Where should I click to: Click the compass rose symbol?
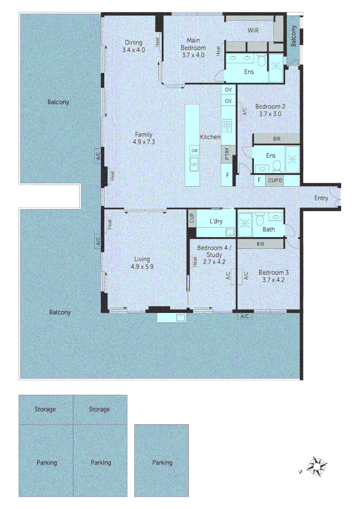click(317, 467)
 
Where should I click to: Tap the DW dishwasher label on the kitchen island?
click(194, 150)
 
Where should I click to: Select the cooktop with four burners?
click(228, 125)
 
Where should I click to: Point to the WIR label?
click(253, 30)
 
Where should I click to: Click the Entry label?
click(321, 198)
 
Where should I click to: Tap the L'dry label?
click(216, 221)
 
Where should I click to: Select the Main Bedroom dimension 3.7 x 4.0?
click(193, 55)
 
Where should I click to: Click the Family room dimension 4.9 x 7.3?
click(143, 141)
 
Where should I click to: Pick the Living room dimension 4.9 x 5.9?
click(142, 266)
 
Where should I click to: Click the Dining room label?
click(133, 42)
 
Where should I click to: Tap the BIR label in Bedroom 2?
click(276, 139)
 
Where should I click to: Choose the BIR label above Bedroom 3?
click(261, 244)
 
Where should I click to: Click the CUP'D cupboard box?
click(275, 180)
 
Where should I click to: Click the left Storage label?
click(45, 409)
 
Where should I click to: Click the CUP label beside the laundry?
click(191, 218)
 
